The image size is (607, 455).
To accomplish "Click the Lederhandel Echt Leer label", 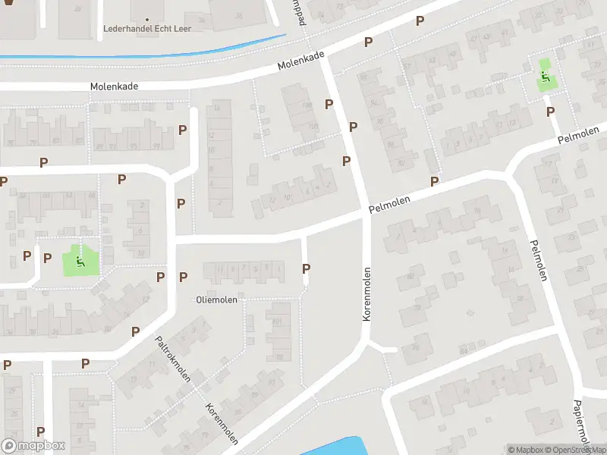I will point(147,29).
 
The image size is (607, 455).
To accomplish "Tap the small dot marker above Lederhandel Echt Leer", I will point(147,18).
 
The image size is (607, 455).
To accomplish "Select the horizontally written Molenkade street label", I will point(114,87).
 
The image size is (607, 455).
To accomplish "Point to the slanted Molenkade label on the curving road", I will point(301,61).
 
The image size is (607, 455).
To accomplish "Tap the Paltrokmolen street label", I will point(174,359).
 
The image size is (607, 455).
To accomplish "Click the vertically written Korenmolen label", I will point(366,294).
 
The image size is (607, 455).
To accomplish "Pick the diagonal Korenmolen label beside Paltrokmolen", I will point(222,424).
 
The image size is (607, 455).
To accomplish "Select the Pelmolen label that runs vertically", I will point(537,260).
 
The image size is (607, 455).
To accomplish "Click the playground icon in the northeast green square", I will point(545,76).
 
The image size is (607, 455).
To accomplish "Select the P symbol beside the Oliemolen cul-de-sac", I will point(307,268).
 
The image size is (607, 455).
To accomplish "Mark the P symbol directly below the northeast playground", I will point(550,111).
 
